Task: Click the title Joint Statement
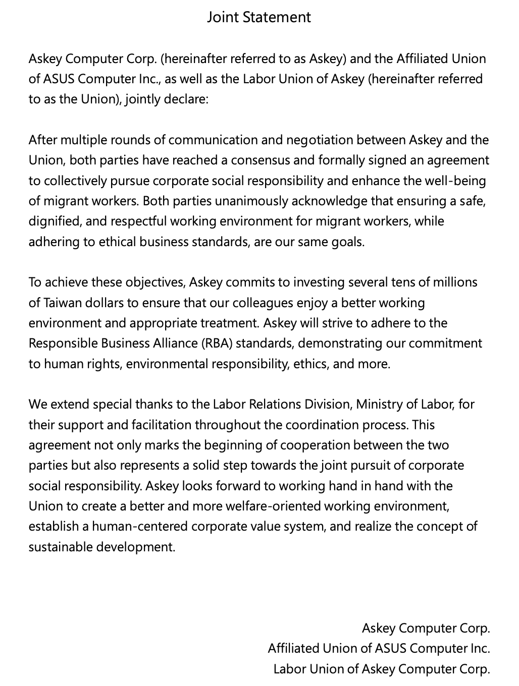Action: coord(259,17)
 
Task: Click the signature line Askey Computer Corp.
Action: coord(426,628)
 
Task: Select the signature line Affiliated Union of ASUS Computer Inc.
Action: coord(379,649)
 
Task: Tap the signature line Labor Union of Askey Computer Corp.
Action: coord(382,669)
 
